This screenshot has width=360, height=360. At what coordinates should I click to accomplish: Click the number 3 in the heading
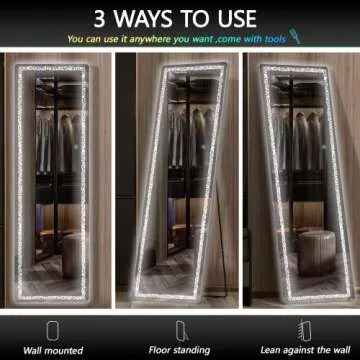pyautogui.click(x=100, y=19)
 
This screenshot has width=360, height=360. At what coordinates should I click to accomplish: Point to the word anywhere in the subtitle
pyautogui.click(x=150, y=40)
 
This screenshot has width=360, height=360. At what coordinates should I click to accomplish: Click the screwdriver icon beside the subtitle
pyautogui.click(x=295, y=37)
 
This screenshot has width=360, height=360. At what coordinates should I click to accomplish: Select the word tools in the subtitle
pyautogui.click(x=275, y=39)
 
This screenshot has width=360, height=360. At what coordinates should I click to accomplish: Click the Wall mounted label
pyautogui.click(x=53, y=351)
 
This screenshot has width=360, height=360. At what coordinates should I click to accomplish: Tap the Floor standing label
pyautogui.click(x=179, y=350)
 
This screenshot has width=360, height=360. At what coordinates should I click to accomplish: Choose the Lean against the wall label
pyautogui.click(x=305, y=350)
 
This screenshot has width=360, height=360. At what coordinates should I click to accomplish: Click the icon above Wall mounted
pyautogui.click(x=53, y=330)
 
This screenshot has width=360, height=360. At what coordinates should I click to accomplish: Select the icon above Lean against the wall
pyautogui.click(x=304, y=330)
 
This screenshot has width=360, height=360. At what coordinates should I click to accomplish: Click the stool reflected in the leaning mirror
pyautogui.click(x=316, y=253)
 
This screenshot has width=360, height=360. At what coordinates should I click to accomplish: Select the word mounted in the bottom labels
pyautogui.click(x=64, y=351)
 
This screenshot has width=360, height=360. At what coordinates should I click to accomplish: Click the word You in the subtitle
pyautogui.click(x=75, y=39)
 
